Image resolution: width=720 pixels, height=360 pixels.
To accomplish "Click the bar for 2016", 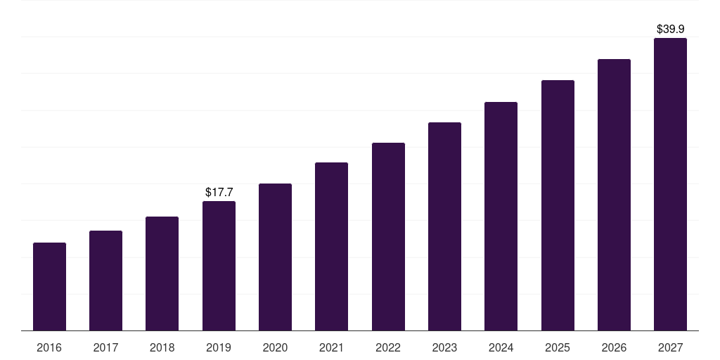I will pos(49,287).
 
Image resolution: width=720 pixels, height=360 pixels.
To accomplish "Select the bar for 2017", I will pos(105,281).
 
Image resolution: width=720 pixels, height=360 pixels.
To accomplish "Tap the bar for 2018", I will pos(162,274).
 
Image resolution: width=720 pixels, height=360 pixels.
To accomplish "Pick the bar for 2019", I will pos(219,266).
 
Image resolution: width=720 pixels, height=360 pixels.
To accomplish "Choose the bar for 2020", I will pos(275,257).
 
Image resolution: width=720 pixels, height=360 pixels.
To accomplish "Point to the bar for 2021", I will pos(331,247).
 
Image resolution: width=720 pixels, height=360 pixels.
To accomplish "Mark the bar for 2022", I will pos(388,237).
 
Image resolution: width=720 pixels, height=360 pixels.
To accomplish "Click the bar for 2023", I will pos(444,226).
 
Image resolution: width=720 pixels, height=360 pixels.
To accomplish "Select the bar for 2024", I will pos(501,217).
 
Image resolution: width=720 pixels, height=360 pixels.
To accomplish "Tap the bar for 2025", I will pos(558,205).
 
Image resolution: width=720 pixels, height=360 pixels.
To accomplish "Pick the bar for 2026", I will pos(614,195).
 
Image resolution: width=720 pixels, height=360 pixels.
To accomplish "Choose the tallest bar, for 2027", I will pos(670,184).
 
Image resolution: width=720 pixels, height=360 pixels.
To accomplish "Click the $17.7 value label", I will pos(219,192).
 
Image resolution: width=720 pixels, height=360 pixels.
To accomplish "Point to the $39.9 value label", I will pos(670,29).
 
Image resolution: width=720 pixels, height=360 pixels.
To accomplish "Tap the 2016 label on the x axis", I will pos(49,348).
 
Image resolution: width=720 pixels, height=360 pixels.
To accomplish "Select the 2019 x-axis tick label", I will pos(219,348).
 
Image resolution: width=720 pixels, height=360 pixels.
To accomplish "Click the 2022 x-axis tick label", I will pos(388,348).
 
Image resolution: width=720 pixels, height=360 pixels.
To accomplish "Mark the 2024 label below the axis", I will pos(501,348).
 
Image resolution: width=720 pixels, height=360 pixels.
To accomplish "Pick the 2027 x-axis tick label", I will pos(670,348).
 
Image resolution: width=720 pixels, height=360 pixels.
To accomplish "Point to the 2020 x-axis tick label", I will pos(275,348).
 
